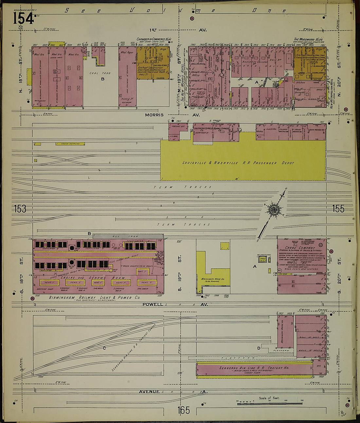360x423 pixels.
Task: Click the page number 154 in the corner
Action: pyautogui.click(x=23, y=18)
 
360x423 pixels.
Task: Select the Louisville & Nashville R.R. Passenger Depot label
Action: pyautogui.click(x=238, y=163)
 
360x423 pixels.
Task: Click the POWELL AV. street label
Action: pyautogui.click(x=175, y=304)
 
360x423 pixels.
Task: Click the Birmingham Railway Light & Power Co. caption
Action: pyautogui.click(x=95, y=298)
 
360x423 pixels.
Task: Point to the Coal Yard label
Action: pyautogui.click(x=100, y=73)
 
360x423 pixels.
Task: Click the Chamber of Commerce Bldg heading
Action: pyautogui.click(x=154, y=39)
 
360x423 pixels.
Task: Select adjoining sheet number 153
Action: pyautogui.click(x=20, y=209)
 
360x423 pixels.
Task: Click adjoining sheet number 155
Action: pyautogui.click(x=338, y=208)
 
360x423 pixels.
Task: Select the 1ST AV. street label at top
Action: pyautogui.click(x=178, y=30)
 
